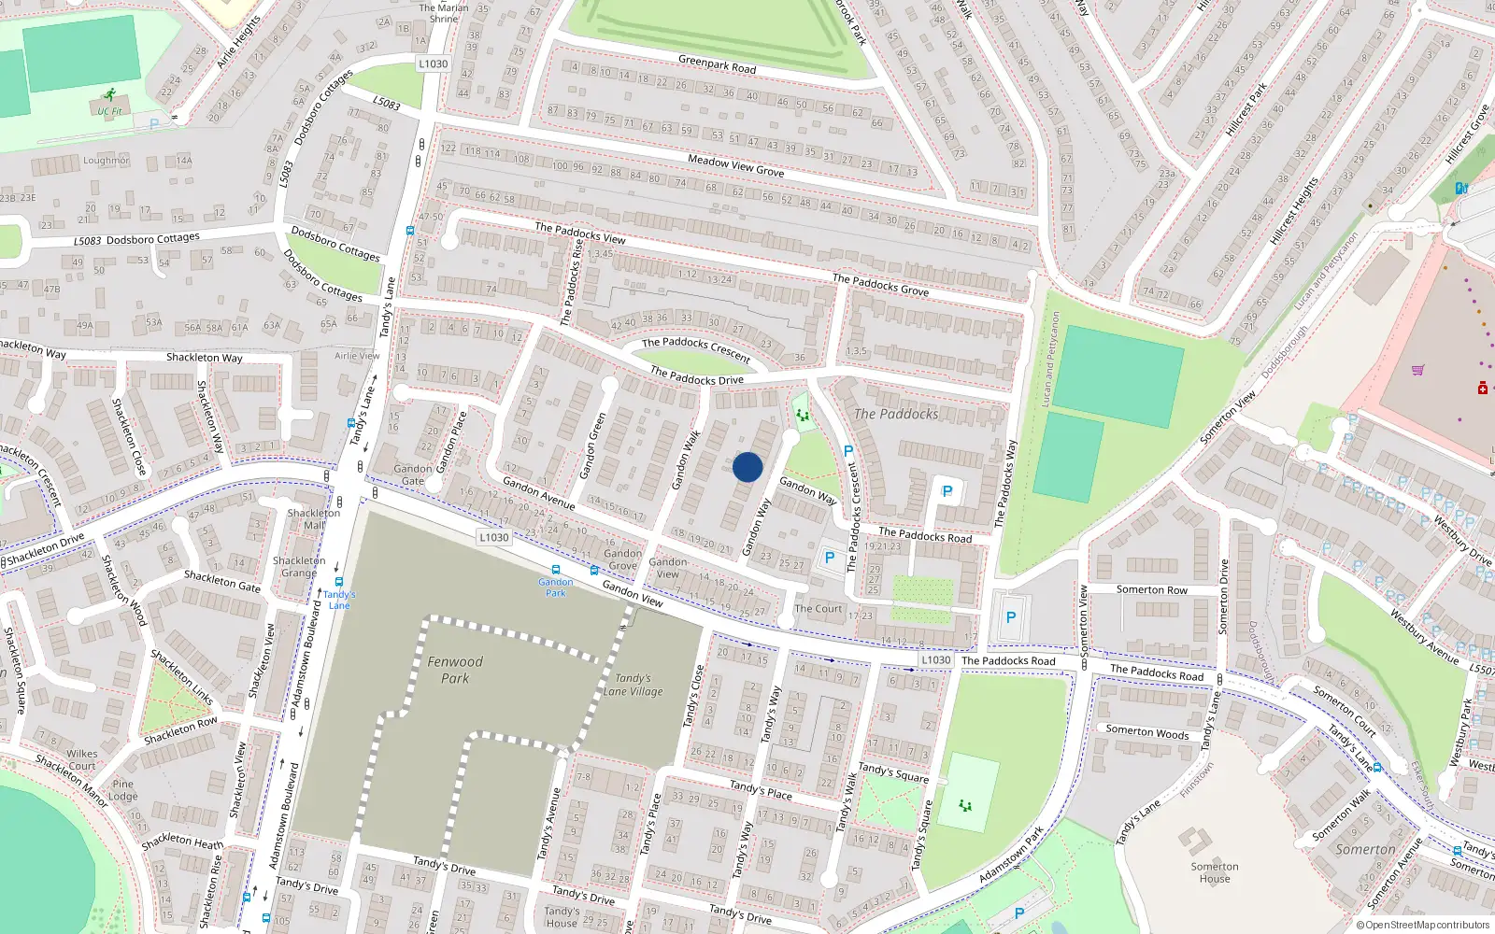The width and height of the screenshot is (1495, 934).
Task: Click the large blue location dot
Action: pyautogui.click(x=747, y=467)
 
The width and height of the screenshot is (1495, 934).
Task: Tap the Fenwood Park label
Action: pyautogui.click(x=455, y=670)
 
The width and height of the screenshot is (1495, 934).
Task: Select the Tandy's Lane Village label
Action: pyautogui.click(x=633, y=685)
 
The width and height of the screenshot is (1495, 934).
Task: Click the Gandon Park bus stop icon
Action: pyautogui.click(x=556, y=570)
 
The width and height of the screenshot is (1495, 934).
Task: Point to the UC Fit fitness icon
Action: pyautogui.click(x=110, y=95)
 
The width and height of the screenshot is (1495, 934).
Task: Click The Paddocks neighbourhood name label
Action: pyautogui.click(x=895, y=414)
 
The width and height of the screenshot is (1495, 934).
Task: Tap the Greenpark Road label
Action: pyautogui.click(x=717, y=64)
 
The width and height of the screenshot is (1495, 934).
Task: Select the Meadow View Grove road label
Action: pyautogui.click(x=735, y=165)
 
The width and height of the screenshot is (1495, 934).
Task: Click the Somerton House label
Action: pyautogui.click(x=1215, y=872)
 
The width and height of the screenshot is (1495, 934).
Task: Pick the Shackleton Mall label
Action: pyautogui.click(x=314, y=518)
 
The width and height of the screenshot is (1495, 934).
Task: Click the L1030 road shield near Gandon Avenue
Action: pyautogui.click(x=493, y=537)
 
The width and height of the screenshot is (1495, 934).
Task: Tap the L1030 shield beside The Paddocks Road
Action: pyautogui.click(x=935, y=659)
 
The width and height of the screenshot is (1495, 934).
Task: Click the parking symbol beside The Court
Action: pyautogui.click(x=829, y=558)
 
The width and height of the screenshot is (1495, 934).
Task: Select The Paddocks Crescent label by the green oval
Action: pyautogui.click(x=696, y=348)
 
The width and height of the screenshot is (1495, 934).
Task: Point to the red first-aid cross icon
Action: pyautogui.click(x=1482, y=388)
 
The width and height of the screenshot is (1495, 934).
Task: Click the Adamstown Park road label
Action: pyautogui.click(x=1011, y=856)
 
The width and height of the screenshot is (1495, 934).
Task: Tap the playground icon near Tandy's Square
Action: pyautogui.click(x=965, y=804)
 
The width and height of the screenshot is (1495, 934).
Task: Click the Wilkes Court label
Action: pyautogui.click(x=81, y=759)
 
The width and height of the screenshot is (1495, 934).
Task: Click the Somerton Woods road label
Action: pyautogui.click(x=1146, y=732)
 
